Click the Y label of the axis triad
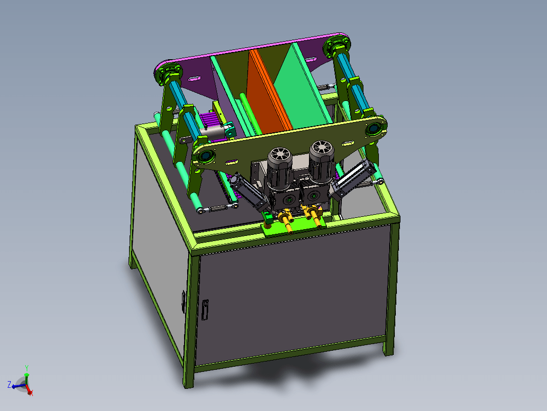pyautogui.click(x=27, y=368)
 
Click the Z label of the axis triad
pyautogui.click(x=9, y=385)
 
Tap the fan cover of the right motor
pyautogui.click(x=322, y=148)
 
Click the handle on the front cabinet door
pyautogui.click(x=205, y=310)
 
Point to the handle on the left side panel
pyautogui.click(x=184, y=302)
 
